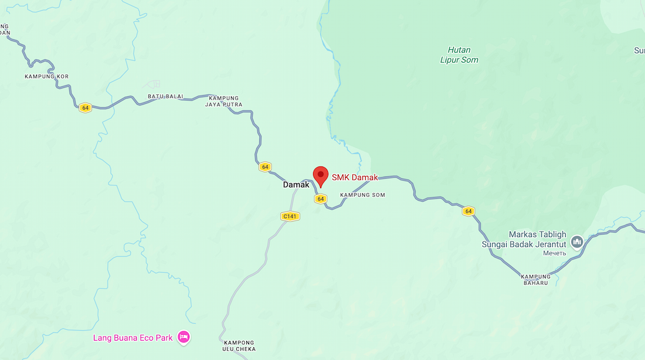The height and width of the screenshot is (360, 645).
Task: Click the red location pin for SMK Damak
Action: [x=320, y=175]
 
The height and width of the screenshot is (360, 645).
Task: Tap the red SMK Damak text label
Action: [x=355, y=178]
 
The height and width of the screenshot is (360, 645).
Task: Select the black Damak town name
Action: [x=296, y=185]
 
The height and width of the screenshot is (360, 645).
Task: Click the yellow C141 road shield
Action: [x=290, y=216]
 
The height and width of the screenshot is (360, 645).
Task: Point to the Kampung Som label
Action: [x=362, y=195]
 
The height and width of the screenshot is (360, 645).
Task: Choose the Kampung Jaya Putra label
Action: [x=223, y=101]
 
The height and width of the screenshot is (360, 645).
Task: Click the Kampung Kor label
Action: [x=47, y=77]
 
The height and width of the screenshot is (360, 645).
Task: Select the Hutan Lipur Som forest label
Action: [x=459, y=55]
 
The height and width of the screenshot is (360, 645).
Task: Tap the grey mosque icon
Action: [x=577, y=241]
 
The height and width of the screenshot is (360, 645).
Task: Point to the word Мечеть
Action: [x=554, y=253]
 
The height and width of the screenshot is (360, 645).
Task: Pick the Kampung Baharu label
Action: [x=536, y=280]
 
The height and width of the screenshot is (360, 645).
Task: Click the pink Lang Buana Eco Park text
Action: [x=133, y=338]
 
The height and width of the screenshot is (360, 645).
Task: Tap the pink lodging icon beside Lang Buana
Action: [x=184, y=337]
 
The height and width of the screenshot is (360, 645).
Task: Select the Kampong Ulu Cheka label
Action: [x=239, y=345]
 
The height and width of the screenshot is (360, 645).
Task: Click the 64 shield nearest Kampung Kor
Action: [x=86, y=108]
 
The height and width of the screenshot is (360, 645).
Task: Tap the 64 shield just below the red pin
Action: [x=320, y=199]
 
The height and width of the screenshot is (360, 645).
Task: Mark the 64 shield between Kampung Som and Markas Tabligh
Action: [x=468, y=211]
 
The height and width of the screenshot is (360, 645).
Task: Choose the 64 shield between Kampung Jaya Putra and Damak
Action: [x=265, y=167]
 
